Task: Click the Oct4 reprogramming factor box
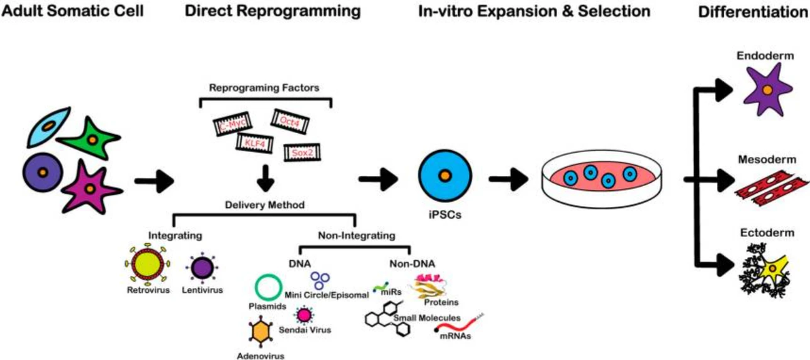click(290, 121)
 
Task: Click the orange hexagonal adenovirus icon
click(261, 332)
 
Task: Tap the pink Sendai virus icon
click(304, 314)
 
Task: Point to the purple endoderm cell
click(767, 91)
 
